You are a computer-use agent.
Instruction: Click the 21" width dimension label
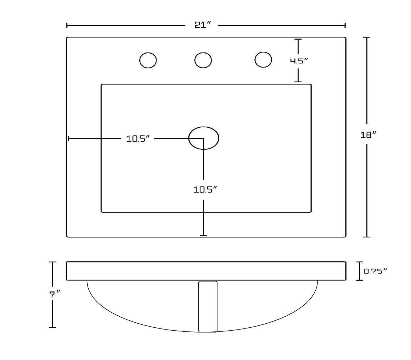tap(203, 25)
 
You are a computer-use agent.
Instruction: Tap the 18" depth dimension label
tap(368, 135)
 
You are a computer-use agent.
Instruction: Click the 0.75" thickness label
tap(375, 271)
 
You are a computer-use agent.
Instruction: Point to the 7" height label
tap(55, 294)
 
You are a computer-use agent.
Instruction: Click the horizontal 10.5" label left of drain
tap(138, 139)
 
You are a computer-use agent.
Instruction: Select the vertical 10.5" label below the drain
tap(205, 190)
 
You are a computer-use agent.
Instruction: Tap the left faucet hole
tap(148, 60)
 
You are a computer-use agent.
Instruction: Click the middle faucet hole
tap(203, 60)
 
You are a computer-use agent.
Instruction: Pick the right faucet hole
tap(263, 59)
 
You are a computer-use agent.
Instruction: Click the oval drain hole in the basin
tap(204, 138)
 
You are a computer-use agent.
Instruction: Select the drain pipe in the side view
tap(208, 306)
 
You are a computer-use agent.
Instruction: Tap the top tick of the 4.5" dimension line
tap(298, 39)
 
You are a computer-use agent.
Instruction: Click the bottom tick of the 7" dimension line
tap(52, 327)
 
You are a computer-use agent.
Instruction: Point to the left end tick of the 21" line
tap(67, 25)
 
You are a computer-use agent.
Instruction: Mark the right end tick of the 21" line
tap(345, 25)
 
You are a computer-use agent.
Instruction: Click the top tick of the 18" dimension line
tap(367, 37)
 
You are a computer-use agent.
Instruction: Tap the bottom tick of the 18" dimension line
tap(367, 237)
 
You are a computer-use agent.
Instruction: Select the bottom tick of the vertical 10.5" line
tap(204, 235)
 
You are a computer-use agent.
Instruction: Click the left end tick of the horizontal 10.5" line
tap(69, 138)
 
